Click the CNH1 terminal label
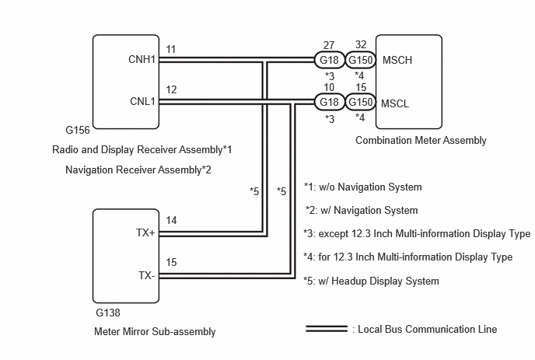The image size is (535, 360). [142, 59]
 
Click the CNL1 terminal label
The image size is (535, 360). [142, 101]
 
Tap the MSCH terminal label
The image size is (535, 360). [397, 60]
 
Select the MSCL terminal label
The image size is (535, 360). [395, 103]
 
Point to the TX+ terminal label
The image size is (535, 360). [145, 232]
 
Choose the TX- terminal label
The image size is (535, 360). [147, 275]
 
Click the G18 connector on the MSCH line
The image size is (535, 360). [329, 60]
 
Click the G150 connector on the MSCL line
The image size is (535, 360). [361, 102]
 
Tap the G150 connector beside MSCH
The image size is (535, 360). [361, 60]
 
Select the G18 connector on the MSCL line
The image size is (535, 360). [329, 102]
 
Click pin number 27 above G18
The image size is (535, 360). [329, 45]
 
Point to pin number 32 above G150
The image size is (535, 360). [361, 44]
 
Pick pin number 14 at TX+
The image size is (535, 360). [171, 221]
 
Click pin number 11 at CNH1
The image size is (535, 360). [170, 50]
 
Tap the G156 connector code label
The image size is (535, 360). [78, 130]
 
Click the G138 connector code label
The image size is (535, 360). [108, 313]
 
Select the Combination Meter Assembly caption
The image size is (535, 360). [421, 140]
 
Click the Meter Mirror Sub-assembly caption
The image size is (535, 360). [155, 332]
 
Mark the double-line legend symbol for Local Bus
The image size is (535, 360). [327, 329]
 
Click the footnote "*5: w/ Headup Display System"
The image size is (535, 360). [371, 281]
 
